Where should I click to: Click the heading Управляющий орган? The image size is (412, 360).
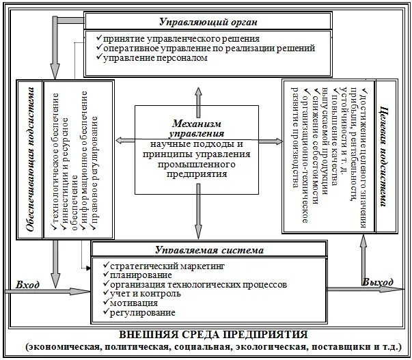point(208,22)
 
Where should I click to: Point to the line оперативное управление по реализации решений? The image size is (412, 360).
point(209,49)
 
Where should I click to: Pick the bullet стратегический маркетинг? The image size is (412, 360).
point(167,265)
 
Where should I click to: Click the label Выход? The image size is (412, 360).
point(378,282)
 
